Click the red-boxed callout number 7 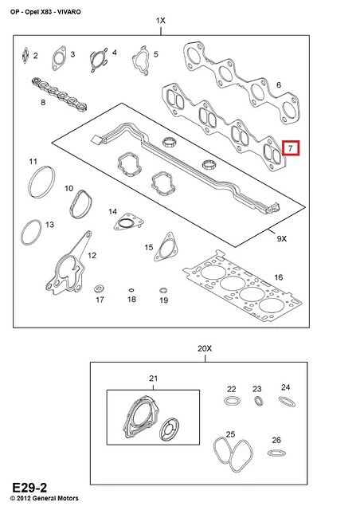291,148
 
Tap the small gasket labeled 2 25,56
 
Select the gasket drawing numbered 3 59,58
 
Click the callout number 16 279,277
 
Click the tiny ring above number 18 131,290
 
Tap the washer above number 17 99,288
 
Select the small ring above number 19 163,290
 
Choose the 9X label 282,239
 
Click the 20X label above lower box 205,349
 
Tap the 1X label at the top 161,21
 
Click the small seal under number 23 259,401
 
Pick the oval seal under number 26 276,453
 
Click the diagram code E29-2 29,488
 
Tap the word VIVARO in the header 69,12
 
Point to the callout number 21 153,379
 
